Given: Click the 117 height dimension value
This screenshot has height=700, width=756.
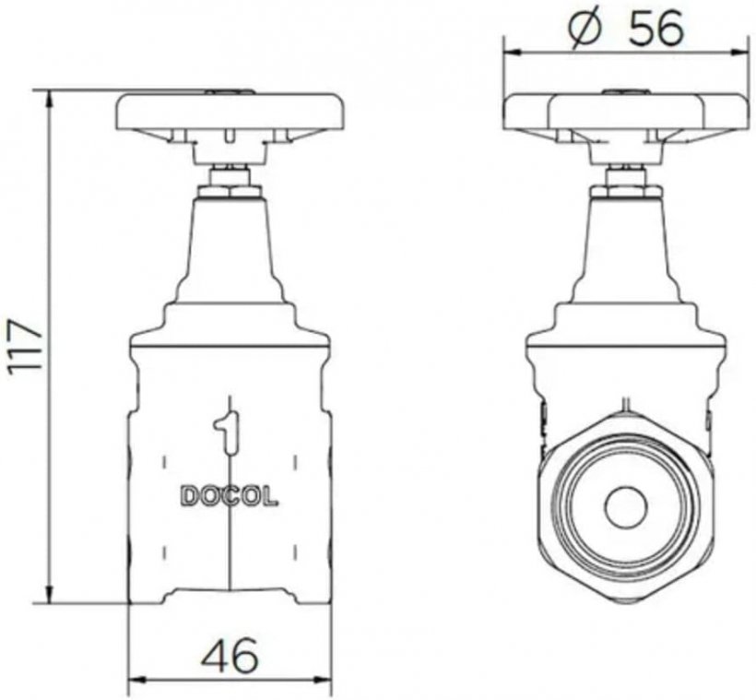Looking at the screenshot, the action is tap(24, 345).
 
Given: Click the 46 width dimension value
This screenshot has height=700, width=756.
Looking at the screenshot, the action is tap(230, 656).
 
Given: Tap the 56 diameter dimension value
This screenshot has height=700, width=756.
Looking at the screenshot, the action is tap(656, 28).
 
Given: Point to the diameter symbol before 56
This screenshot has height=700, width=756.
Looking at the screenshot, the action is tap(585, 29).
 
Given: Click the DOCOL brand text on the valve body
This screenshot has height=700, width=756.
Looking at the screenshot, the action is tap(230, 495).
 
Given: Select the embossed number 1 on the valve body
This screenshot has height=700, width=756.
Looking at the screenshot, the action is tap(227, 432).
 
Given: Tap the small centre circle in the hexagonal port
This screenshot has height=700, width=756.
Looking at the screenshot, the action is tap(626, 508).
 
